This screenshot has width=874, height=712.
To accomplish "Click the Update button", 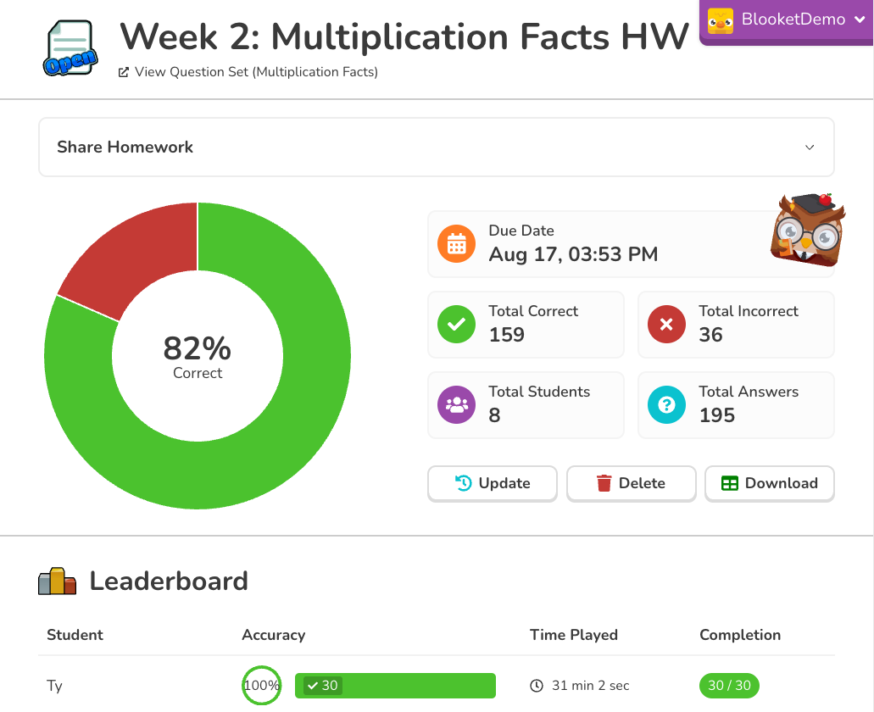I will [493, 483].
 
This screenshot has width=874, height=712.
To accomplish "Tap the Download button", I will [769, 483].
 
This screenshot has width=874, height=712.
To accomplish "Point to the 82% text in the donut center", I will [198, 348].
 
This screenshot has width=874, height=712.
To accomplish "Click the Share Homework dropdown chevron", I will [810, 147].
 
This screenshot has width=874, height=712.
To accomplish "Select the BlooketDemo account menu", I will [788, 19].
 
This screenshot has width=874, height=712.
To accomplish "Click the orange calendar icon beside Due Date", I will [457, 244].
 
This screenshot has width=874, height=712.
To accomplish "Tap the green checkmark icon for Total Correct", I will [457, 324].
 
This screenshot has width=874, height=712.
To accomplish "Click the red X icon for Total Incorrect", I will [666, 324].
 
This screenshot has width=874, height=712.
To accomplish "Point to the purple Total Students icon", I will [457, 404].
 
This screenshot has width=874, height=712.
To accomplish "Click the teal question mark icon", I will [666, 404].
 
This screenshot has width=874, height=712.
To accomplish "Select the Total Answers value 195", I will [717, 415].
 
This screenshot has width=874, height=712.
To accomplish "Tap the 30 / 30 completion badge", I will [730, 685].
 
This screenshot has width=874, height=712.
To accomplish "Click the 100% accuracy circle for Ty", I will [261, 685].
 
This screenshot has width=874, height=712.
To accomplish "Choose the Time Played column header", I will [574, 635].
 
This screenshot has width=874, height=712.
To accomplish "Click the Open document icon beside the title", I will [69, 49].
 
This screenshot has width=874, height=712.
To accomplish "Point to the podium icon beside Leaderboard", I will [58, 581].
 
